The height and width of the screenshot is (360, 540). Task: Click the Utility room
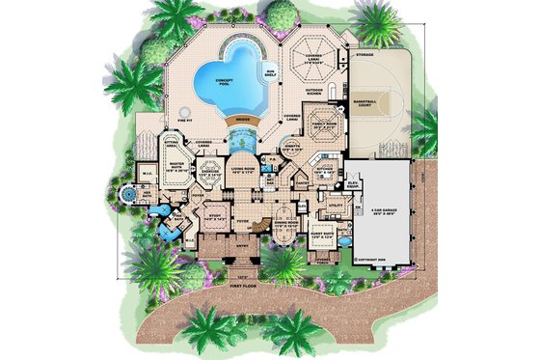(337, 205)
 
